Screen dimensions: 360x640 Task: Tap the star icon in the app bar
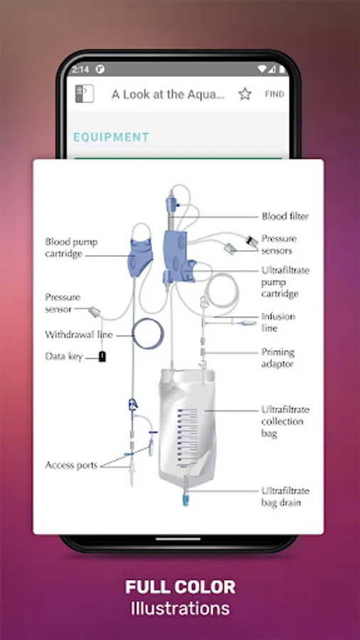pyautogui.click(x=245, y=95)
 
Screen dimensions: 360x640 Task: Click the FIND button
pyautogui.click(x=275, y=95)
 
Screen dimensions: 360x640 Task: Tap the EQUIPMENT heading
pyautogui.click(x=111, y=137)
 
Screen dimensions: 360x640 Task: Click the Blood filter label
pyautogui.click(x=285, y=216)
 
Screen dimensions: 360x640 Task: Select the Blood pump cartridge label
pyautogui.click(x=71, y=247)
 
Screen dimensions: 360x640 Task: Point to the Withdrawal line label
pyautogui.click(x=79, y=335)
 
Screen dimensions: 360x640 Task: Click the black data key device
pyautogui.click(x=102, y=356)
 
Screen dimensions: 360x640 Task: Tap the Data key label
pyautogui.click(x=64, y=356)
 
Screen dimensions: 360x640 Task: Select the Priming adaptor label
pyautogui.click(x=278, y=358)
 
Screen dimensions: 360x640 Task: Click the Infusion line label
pyautogui.click(x=278, y=322)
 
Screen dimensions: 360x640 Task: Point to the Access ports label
pyautogui.click(x=71, y=465)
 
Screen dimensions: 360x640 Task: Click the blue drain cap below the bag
pyautogui.click(x=186, y=500)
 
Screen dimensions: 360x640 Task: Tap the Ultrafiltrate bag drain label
pyautogui.click(x=285, y=496)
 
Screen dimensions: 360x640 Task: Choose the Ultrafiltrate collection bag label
pyautogui.click(x=285, y=421)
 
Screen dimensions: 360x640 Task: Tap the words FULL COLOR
pyautogui.click(x=180, y=587)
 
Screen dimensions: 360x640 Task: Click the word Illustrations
pyautogui.click(x=180, y=608)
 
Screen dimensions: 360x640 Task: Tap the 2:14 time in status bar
pyautogui.click(x=80, y=70)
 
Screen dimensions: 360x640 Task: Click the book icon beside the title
pyautogui.click(x=85, y=93)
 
